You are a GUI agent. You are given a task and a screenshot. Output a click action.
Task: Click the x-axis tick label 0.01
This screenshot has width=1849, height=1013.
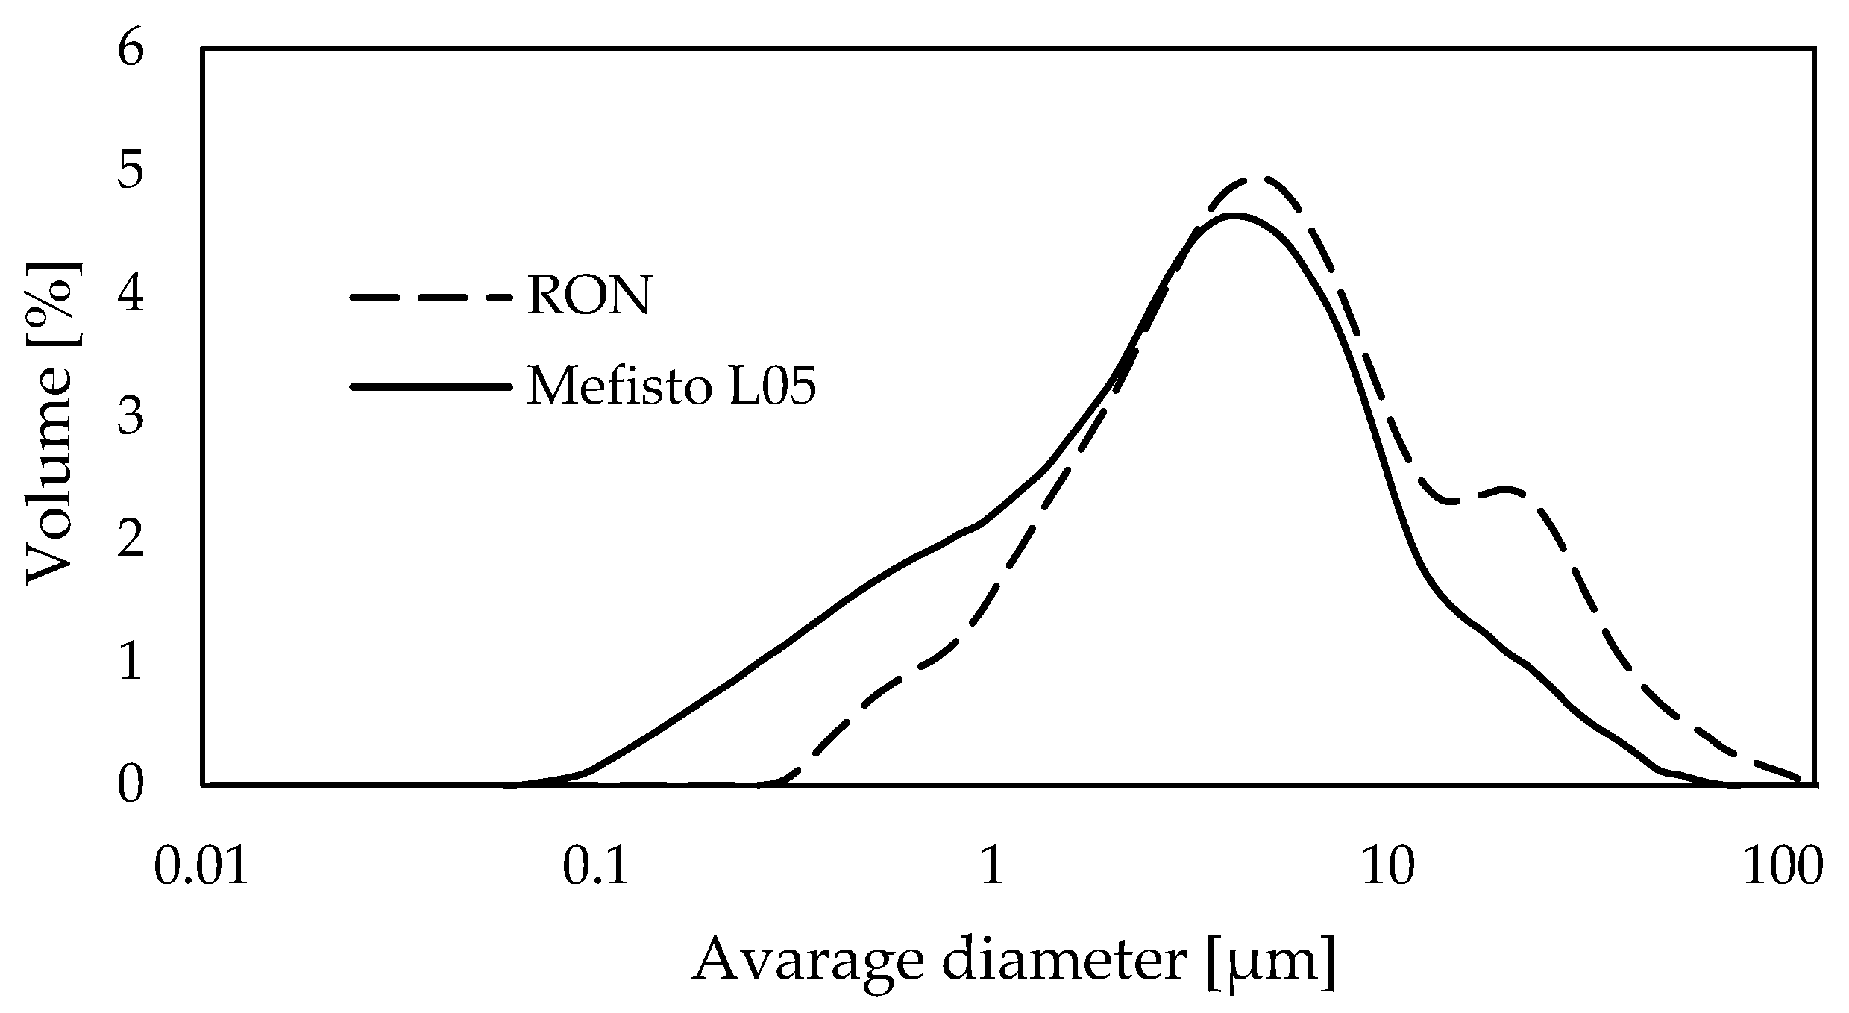[201, 868]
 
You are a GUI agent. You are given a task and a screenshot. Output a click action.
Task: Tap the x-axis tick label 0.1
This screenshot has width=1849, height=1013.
[596, 868]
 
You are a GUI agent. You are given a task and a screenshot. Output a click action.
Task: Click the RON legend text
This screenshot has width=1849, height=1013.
[589, 296]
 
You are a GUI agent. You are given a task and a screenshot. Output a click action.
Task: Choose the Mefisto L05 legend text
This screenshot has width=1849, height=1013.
[671, 387]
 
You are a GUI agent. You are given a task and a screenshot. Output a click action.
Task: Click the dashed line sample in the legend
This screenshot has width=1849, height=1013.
[431, 297]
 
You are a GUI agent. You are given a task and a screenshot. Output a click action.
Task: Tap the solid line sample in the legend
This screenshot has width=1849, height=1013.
[431, 387]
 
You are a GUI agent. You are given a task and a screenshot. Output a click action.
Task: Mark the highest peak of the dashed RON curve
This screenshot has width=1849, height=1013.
[1261, 179]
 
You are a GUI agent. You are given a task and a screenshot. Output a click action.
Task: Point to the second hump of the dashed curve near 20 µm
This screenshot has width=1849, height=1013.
[1503, 489]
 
